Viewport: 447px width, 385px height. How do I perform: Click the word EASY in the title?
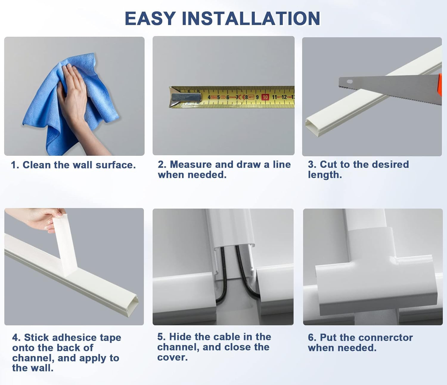coord(150,19)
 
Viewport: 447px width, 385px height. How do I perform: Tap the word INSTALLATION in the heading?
coord(251,19)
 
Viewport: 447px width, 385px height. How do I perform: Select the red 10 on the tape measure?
coord(265,97)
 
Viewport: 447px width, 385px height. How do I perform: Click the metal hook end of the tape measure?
coord(185,97)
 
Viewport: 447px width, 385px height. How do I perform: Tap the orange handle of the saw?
coord(440,84)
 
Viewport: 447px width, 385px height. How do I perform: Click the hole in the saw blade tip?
coord(350,82)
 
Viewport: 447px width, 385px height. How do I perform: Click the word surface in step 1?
coord(115,165)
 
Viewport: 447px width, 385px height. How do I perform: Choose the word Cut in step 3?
coord(328,164)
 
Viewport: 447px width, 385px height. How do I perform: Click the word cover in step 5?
coord(172,358)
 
